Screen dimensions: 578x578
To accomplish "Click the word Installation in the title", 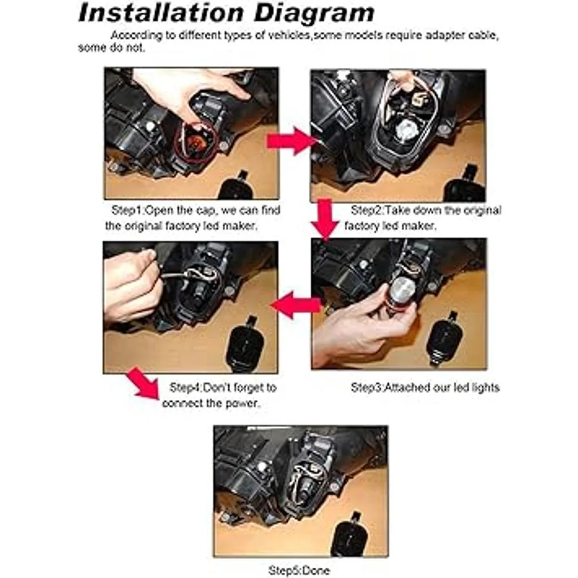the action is pyautogui.click(x=161, y=13).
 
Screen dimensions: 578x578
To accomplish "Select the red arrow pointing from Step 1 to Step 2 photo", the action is pyautogui.click(x=290, y=141).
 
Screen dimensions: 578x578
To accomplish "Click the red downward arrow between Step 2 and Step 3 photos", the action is pyautogui.click(x=325, y=220).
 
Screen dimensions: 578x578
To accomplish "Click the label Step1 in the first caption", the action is pyautogui.click(x=128, y=210).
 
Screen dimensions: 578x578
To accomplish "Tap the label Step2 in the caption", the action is pyautogui.click(x=367, y=210).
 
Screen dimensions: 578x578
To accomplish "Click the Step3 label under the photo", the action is pyautogui.click(x=366, y=388).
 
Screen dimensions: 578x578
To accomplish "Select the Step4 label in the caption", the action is pyautogui.click(x=185, y=388).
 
